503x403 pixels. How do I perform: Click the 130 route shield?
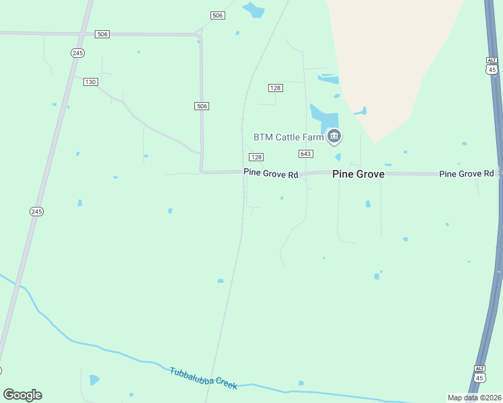[x=91, y=82]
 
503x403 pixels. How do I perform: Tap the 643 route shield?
[x=306, y=154]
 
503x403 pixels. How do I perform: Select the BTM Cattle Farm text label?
[x=288, y=137]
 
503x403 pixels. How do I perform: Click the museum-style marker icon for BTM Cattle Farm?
[x=334, y=137]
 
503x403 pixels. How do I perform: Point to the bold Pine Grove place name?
[x=358, y=174]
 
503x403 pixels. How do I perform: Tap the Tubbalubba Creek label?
[x=203, y=378]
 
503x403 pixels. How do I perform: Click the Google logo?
[x=22, y=395]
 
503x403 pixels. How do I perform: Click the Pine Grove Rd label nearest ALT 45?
[x=466, y=174]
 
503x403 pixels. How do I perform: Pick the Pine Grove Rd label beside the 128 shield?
[x=270, y=173]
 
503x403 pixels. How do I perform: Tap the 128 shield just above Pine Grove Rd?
[x=256, y=157]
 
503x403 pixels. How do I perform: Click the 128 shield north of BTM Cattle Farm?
[x=275, y=88]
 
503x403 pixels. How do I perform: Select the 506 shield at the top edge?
[x=217, y=15]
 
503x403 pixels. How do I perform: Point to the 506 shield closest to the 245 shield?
[x=102, y=34]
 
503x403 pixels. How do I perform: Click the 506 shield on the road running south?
[x=202, y=106]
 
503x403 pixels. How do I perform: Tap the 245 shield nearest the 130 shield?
[x=77, y=52]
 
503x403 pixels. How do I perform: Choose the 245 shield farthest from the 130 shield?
[x=37, y=211]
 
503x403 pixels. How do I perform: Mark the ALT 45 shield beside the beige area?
[x=492, y=65]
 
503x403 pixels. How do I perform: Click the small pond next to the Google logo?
[x=94, y=380]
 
